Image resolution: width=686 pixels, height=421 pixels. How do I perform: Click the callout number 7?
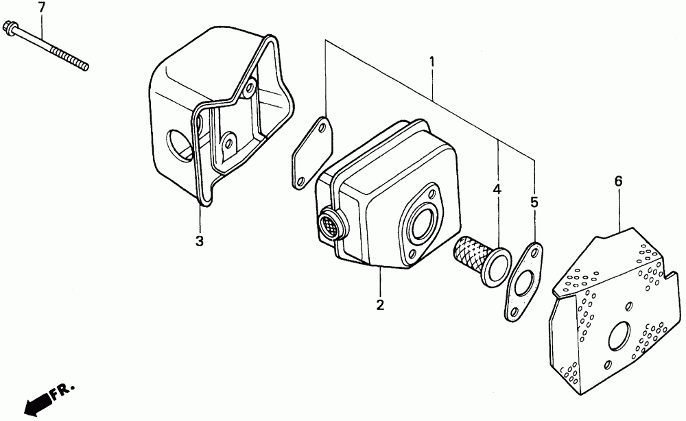(41, 8)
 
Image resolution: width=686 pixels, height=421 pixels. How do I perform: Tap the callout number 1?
(432, 62)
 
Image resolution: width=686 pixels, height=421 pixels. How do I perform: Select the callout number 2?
(379, 304)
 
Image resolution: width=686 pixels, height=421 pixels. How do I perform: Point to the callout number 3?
(199, 241)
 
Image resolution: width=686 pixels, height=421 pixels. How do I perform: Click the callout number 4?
(497, 188)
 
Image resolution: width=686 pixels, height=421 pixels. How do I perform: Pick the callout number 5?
(534, 202)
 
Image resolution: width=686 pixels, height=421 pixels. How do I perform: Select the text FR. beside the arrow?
(64, 390)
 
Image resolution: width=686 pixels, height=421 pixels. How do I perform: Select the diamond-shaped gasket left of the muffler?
(311, 152)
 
